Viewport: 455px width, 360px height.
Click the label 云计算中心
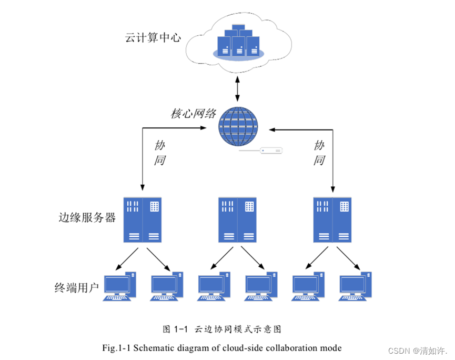153,38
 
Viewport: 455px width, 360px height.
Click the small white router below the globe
271,151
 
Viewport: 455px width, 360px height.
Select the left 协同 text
160,153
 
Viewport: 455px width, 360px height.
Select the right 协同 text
319,153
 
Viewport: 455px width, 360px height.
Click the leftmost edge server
142,219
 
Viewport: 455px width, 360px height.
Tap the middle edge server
237,219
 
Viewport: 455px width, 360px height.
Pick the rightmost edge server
332,219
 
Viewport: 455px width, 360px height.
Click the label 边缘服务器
87,218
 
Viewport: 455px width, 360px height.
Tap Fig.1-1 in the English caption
118,348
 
